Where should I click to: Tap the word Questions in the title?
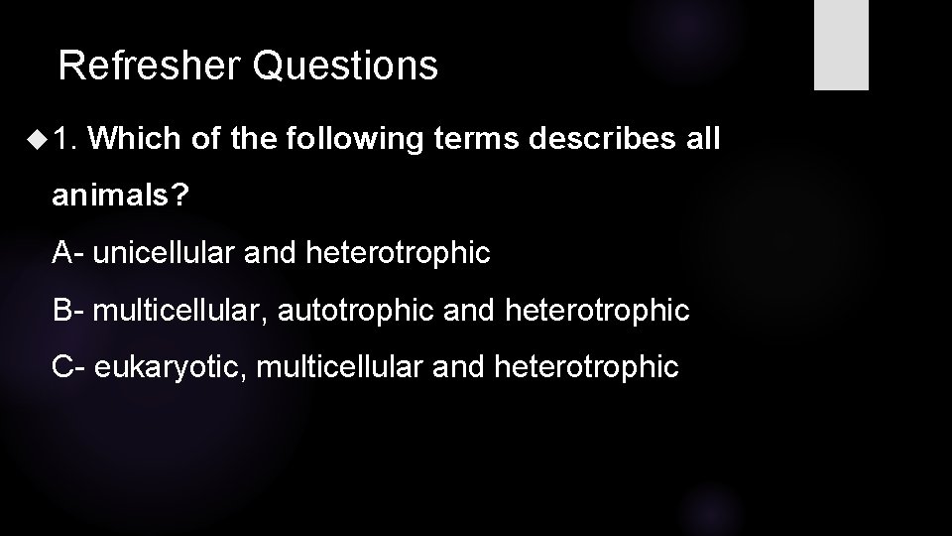coord(344,67)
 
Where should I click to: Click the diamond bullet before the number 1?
coord(39,138)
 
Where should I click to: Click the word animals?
coord(119,196)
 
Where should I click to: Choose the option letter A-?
coord(70,253)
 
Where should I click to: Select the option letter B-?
coord(70,311)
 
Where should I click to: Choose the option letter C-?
coord(70,368)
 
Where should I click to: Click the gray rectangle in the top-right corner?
coord(841,45)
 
